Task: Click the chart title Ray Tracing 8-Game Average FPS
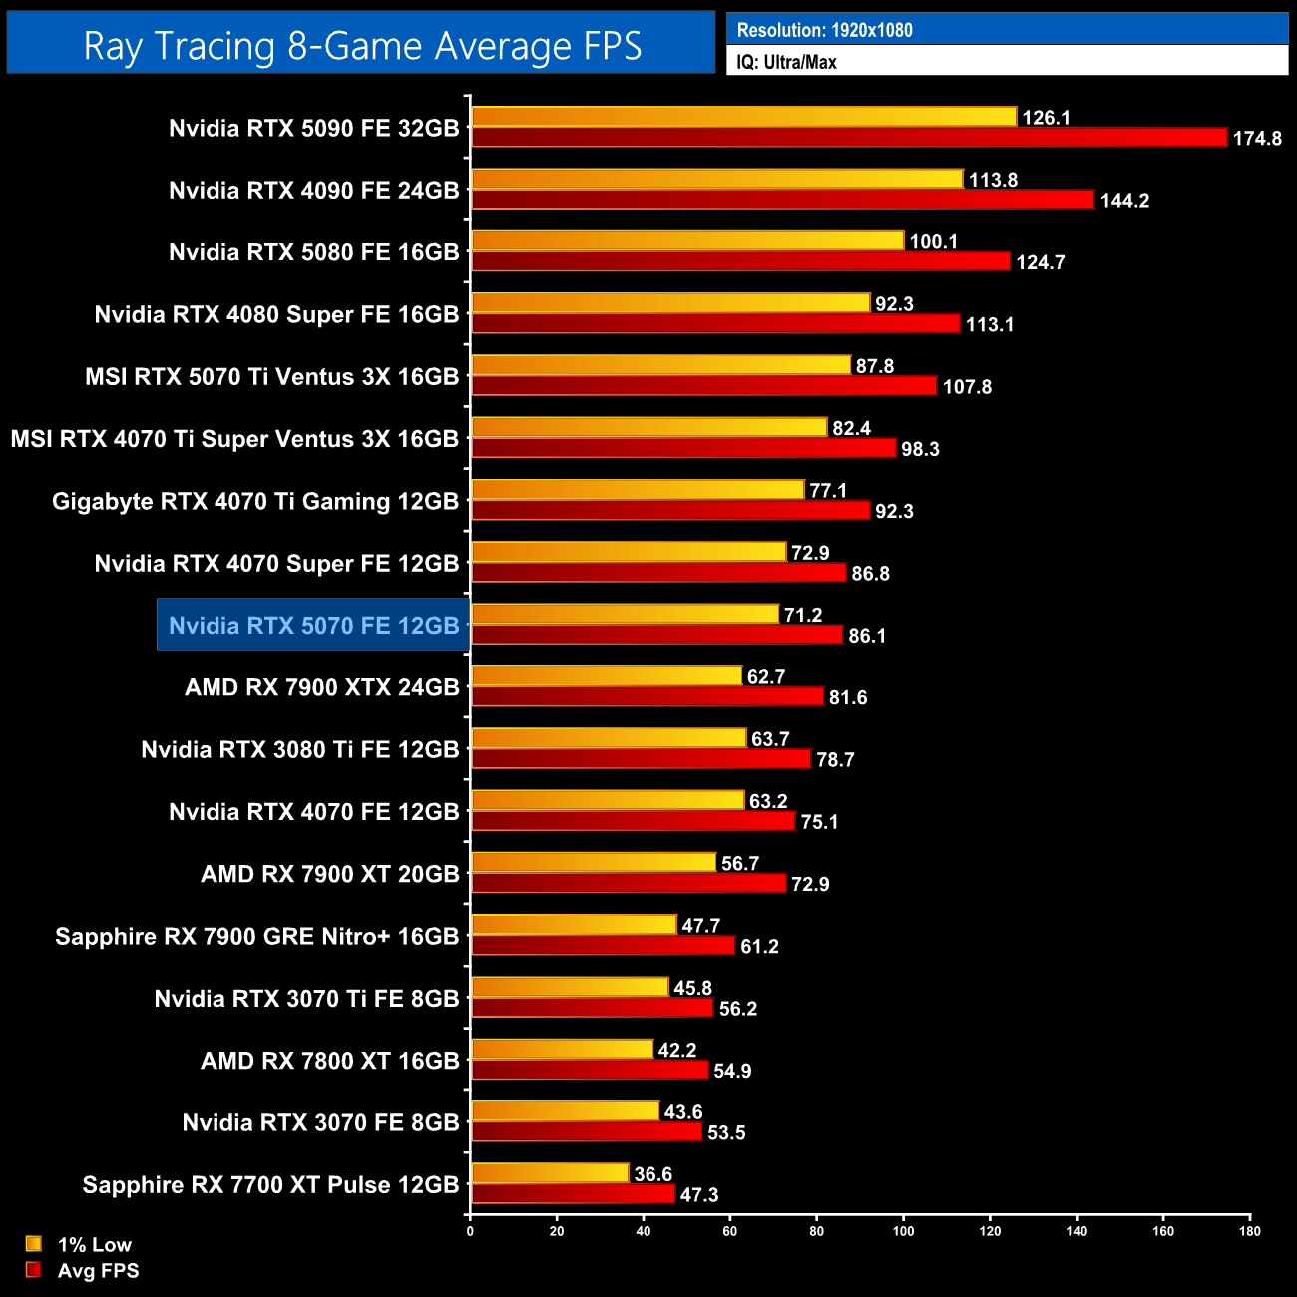click(361, 46)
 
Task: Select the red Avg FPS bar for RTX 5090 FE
click(848, 138)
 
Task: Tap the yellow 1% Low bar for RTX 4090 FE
click(716, 179)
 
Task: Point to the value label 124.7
click(1040, 262)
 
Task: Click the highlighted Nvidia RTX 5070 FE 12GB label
click(313, 626)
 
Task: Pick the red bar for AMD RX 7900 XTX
click(647, 697)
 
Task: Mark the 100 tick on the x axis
click(903, 1230)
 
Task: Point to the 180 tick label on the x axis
click(1249, 1230)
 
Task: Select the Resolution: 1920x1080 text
click(824, 30)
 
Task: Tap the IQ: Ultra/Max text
click(786, 62)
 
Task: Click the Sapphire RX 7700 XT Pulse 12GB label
click(270, 1185)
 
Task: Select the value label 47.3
click(698, 1194)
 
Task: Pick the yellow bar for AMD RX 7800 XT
click(562, 1049)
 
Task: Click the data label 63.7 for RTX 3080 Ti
click(770, 739)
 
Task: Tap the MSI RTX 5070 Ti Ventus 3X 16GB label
click(271, 377)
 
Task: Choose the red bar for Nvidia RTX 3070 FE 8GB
click(587, 1132)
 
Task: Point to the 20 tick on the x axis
click(557, 1230)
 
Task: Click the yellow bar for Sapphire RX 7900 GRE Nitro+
click(574, 925)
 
